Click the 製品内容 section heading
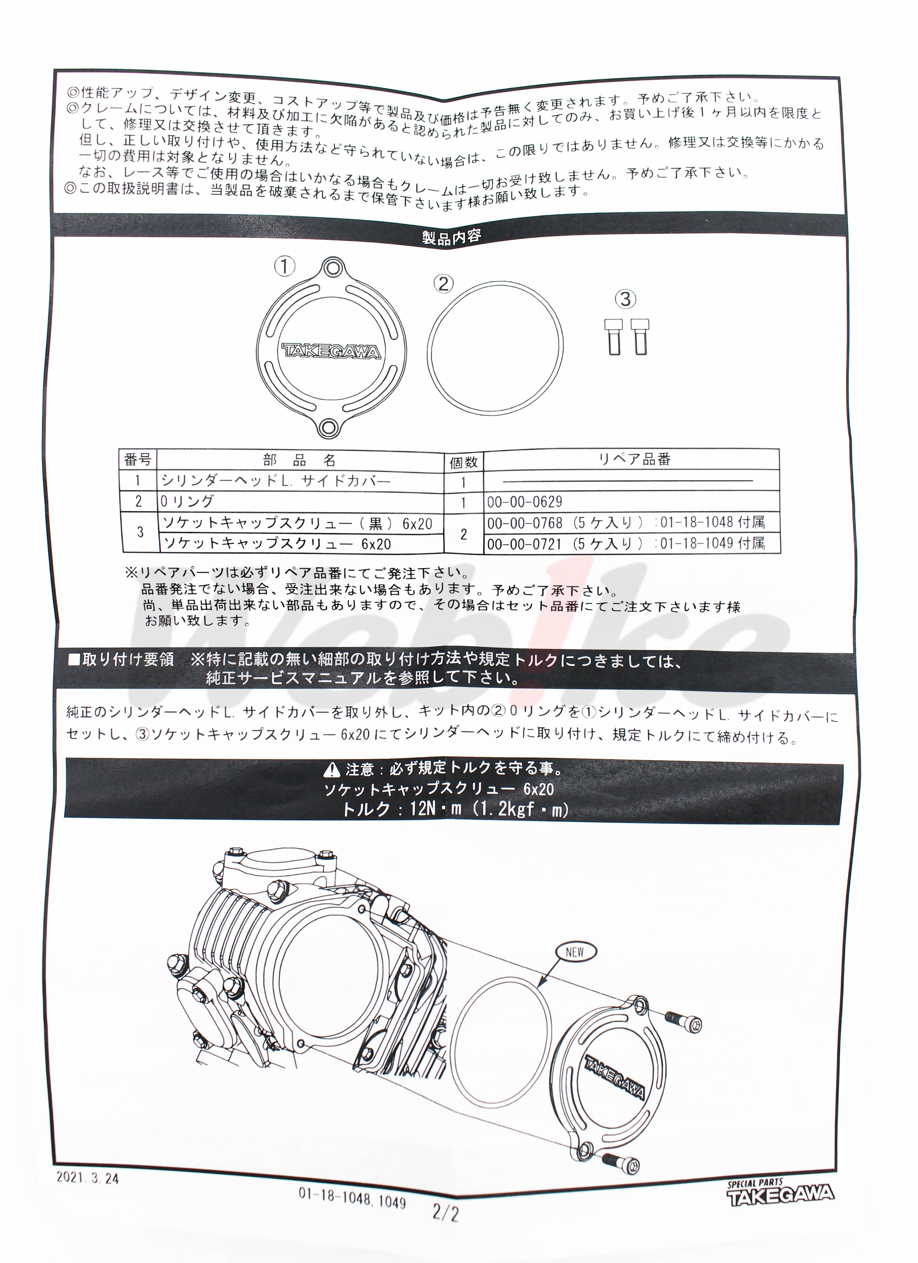click(451, 237)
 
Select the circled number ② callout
click(444, 284)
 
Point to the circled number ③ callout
click(625, 299)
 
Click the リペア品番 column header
click(634, 459)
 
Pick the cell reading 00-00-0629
click(524, 502)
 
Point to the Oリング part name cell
click(187, 501)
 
